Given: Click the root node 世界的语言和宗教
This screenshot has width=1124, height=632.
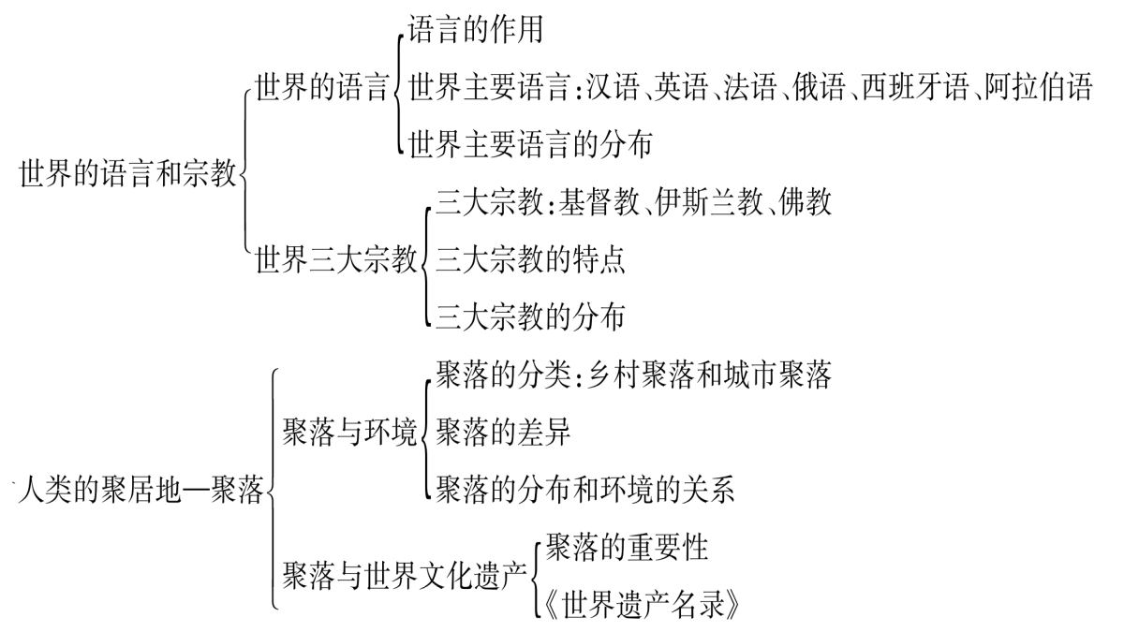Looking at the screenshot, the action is tap(128, 173).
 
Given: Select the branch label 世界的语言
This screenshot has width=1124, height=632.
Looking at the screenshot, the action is tap(322, 87).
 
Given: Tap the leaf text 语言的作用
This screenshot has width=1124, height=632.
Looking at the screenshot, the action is tap(475, 30).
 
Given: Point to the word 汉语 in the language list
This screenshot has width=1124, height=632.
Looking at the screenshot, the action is tap(614, 87).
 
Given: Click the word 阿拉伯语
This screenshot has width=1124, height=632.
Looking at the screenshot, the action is tap(1039, 87).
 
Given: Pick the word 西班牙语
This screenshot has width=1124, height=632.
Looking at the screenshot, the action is tap(915, 87).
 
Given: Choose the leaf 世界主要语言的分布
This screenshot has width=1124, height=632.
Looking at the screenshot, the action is tap(530, 145).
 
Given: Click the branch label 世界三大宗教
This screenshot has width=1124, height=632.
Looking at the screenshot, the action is tap(336, 260).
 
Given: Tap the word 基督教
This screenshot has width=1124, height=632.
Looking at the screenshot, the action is tap(599, 202).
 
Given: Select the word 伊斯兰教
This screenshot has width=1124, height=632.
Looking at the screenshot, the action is tap(709, 202).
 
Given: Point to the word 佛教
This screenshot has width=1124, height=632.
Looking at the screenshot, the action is tap(805, 202).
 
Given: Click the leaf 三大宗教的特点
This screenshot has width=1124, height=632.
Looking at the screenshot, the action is tap(530, 260).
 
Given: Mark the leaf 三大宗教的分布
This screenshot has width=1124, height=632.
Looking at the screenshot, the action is tap(530, 317).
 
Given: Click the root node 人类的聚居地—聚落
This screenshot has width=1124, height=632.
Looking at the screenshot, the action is tap(141, 490).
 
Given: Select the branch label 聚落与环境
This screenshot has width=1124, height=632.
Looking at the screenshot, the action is tap(349, 433).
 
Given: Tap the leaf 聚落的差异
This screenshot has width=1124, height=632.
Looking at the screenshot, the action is tap(503, 433).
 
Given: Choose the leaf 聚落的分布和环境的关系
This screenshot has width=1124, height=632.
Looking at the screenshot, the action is tap(585, 490).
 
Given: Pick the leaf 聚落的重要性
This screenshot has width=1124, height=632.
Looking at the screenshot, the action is tap(627, 548).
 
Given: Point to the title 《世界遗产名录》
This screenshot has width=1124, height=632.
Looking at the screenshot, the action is tap(642, 606).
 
